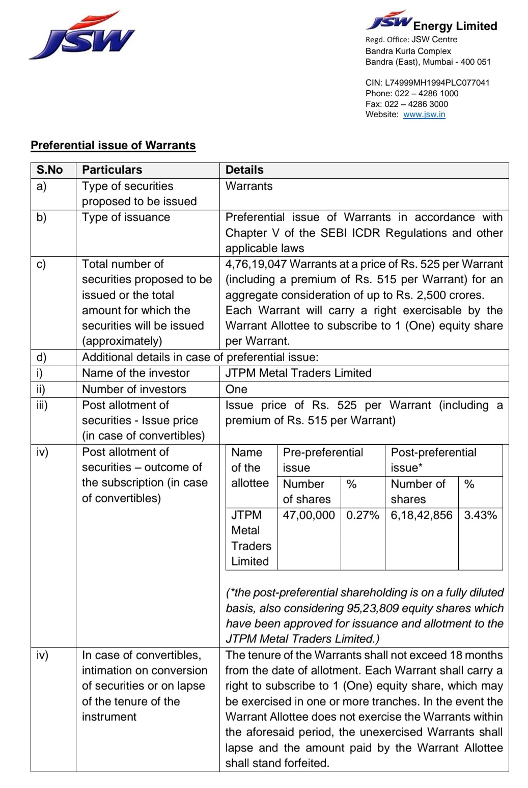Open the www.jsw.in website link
424,115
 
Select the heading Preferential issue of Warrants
113,145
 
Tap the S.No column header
49,170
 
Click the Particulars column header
112,170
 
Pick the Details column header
244,170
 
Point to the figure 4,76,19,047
256,264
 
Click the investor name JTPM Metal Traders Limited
298,373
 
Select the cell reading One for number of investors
236,390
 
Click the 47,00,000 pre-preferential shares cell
309,515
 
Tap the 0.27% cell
363,515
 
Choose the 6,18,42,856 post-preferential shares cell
421,515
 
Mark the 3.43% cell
480,515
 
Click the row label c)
41,264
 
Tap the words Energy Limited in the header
455,26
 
